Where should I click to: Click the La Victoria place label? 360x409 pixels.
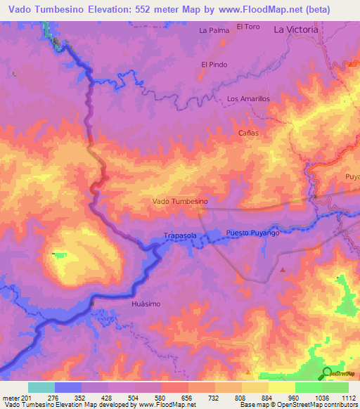click(x=296, y=30)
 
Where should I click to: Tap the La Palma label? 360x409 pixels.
click(x=214, y=30)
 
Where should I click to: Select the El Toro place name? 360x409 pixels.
click(x=248, y=27)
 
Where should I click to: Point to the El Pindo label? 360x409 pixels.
click(x=214, y=65)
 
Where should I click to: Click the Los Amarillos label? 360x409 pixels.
click(x=248, y=99)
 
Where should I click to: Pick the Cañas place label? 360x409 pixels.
click(x=248, y=132)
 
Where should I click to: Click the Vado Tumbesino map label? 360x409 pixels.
click(x=180, y=201)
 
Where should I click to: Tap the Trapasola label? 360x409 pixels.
click(x=179, y=236)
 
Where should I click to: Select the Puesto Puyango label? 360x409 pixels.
click(x=253, y=232)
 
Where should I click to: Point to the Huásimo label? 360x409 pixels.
click(x=146, y=303)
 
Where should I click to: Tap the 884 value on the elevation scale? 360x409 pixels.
click(x=268, y=398)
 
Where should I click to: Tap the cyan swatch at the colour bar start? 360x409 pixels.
click(x=41, y=387)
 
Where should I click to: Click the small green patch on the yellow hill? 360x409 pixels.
click(x=59, y=254)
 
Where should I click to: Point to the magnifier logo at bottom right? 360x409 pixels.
click(x=327, y=372)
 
